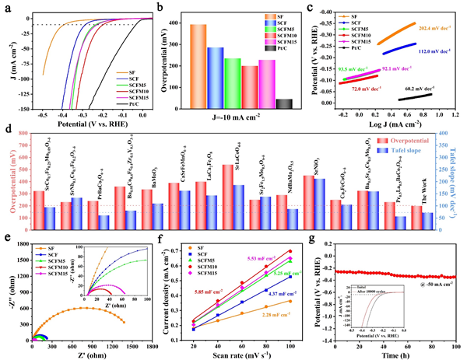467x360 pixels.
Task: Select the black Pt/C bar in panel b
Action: [286, 106]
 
